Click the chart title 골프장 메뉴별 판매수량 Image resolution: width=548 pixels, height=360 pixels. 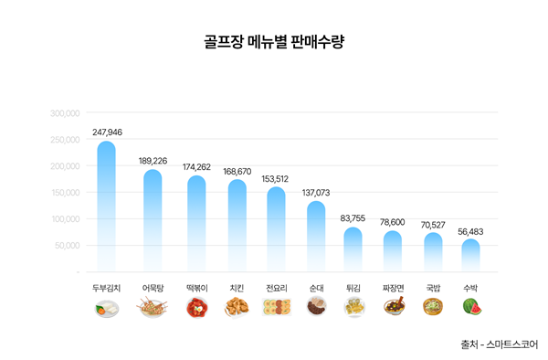pos(275,42)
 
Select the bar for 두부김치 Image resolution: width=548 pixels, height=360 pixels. pos(106,206)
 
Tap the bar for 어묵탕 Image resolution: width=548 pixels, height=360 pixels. pos(153,219)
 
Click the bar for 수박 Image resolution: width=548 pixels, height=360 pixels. pos(470,255)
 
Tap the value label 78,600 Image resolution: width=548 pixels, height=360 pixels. pos(393,222)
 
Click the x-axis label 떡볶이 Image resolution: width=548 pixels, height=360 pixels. pos(197,288)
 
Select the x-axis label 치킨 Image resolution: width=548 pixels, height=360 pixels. pos(237,288)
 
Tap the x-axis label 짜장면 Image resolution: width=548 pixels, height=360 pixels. pos(393,288)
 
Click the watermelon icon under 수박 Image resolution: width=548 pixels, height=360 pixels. pos(471,308)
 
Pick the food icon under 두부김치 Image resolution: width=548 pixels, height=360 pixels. pos(106,309)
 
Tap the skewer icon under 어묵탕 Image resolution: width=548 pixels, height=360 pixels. pos(153,309)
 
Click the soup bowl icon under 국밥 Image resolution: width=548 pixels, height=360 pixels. pos(432,308)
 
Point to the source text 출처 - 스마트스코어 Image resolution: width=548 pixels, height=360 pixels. pos(499,344)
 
